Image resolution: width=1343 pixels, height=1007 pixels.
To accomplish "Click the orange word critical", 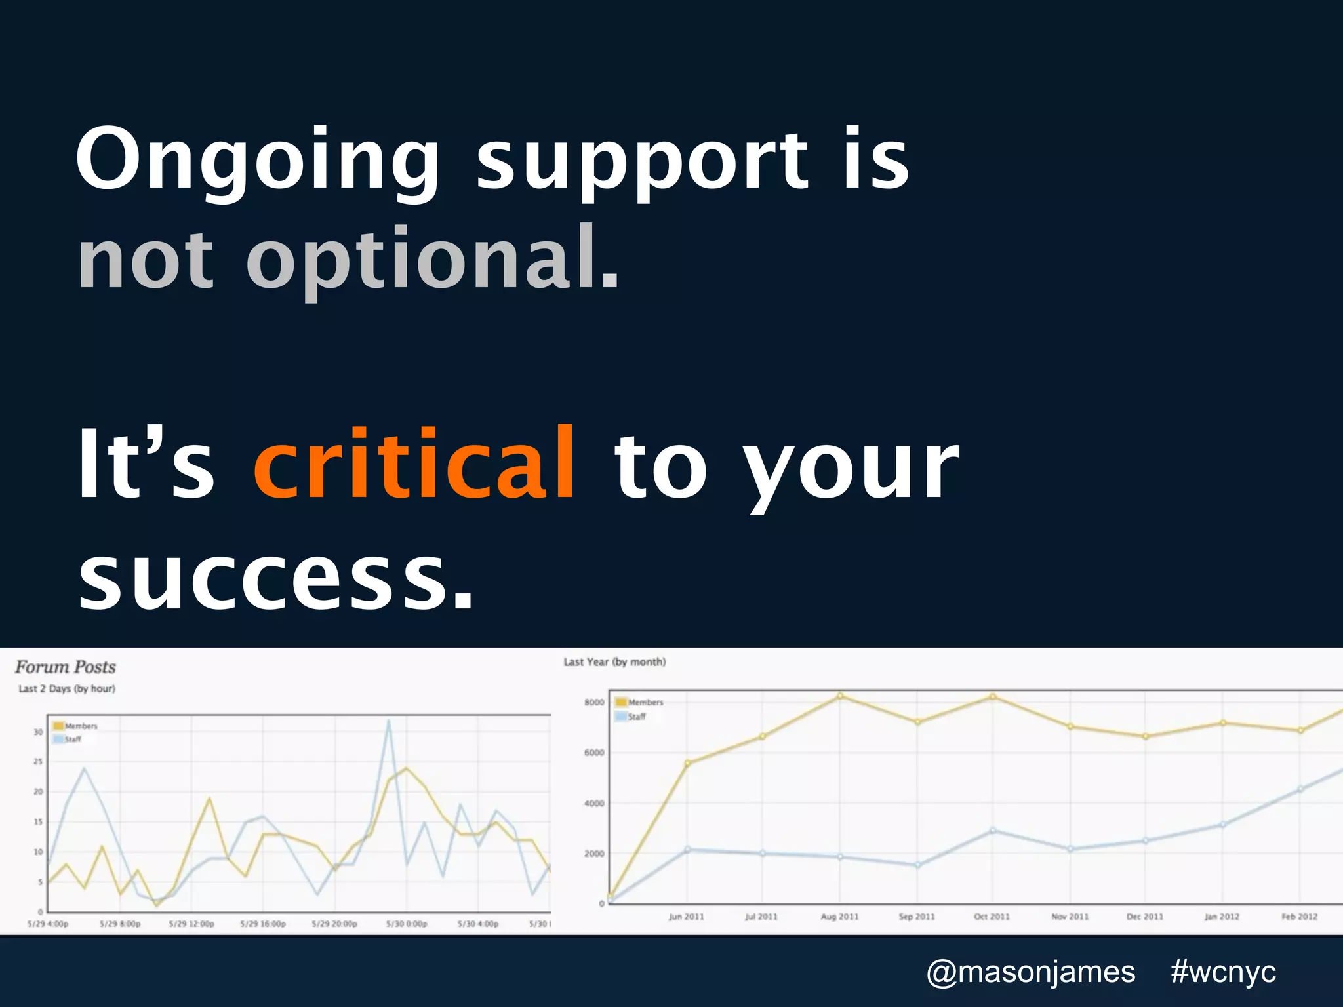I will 414,464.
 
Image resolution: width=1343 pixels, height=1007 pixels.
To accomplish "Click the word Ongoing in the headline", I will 257,161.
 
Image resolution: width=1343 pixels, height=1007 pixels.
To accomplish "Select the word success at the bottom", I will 274,577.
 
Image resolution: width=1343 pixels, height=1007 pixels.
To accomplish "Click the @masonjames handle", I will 1030,972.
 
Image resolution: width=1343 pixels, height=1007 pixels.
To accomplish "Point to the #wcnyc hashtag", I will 1223,972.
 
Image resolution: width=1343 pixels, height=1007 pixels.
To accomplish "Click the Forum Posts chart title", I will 66,667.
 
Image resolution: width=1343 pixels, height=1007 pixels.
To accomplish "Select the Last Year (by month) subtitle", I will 614,662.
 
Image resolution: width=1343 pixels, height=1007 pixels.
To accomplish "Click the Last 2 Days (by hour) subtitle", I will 67,689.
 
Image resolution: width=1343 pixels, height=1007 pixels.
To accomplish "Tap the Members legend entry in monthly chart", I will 645,702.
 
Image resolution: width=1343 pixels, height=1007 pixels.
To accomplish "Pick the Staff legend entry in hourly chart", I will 72,740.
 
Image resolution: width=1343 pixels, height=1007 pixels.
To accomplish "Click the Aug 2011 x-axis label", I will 839,917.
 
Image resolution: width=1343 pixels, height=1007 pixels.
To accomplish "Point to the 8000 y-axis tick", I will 594,702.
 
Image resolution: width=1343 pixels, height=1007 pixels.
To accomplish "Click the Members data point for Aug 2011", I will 841,696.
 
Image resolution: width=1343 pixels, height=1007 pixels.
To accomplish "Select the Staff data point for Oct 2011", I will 992,831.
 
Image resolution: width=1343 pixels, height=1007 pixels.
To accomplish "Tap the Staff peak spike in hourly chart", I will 389,721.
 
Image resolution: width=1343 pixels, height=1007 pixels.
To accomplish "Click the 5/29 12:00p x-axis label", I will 191,924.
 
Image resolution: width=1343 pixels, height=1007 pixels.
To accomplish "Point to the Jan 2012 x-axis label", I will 1222,917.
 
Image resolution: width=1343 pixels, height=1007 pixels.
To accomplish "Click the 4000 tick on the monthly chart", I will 594,803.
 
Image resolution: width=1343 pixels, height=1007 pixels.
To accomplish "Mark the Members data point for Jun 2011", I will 687,763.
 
